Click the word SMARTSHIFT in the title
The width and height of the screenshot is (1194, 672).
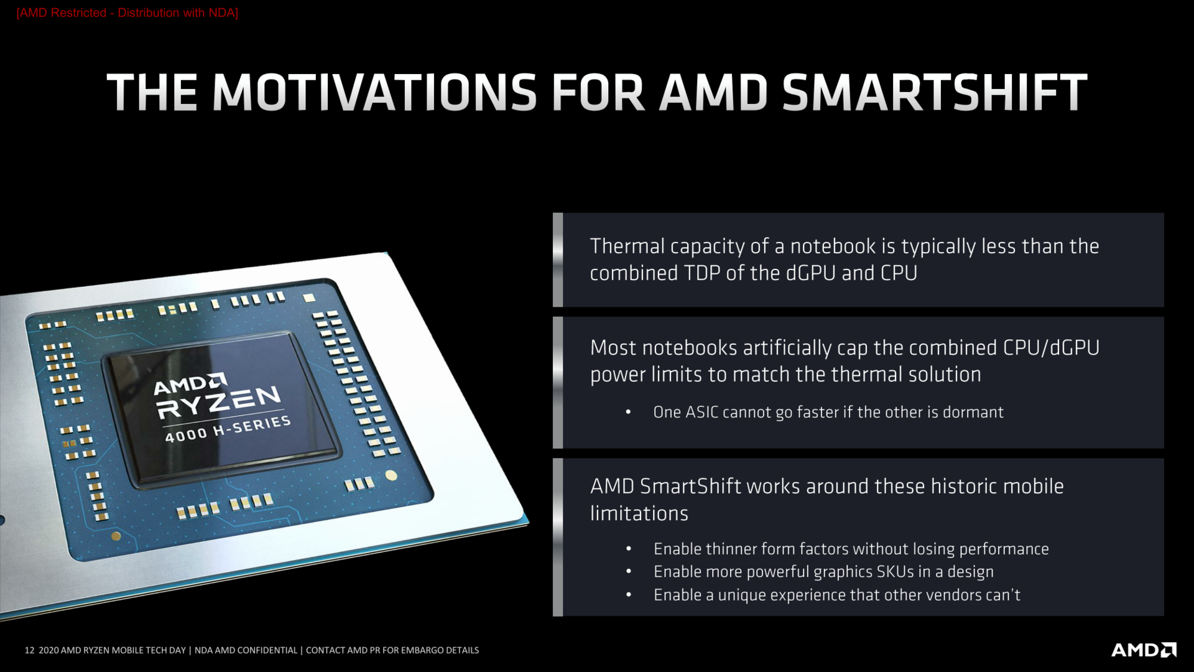tap(934, 93)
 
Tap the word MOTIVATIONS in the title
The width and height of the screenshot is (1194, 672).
tap(374, 93)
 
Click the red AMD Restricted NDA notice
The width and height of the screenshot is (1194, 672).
tap(127, 13)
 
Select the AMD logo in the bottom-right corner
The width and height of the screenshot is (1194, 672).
tap(1143, 650)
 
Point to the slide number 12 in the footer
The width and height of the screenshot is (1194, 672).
tap(29, 650)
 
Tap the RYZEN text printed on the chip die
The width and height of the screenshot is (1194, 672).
tap(218, 402)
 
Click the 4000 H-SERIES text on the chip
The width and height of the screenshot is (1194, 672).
tap(228, 429)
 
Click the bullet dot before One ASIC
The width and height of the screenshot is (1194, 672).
tap(629, 413)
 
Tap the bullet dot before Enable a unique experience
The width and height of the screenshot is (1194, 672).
tap(629, 595)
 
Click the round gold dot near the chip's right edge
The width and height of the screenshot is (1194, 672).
tap(391, 475)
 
